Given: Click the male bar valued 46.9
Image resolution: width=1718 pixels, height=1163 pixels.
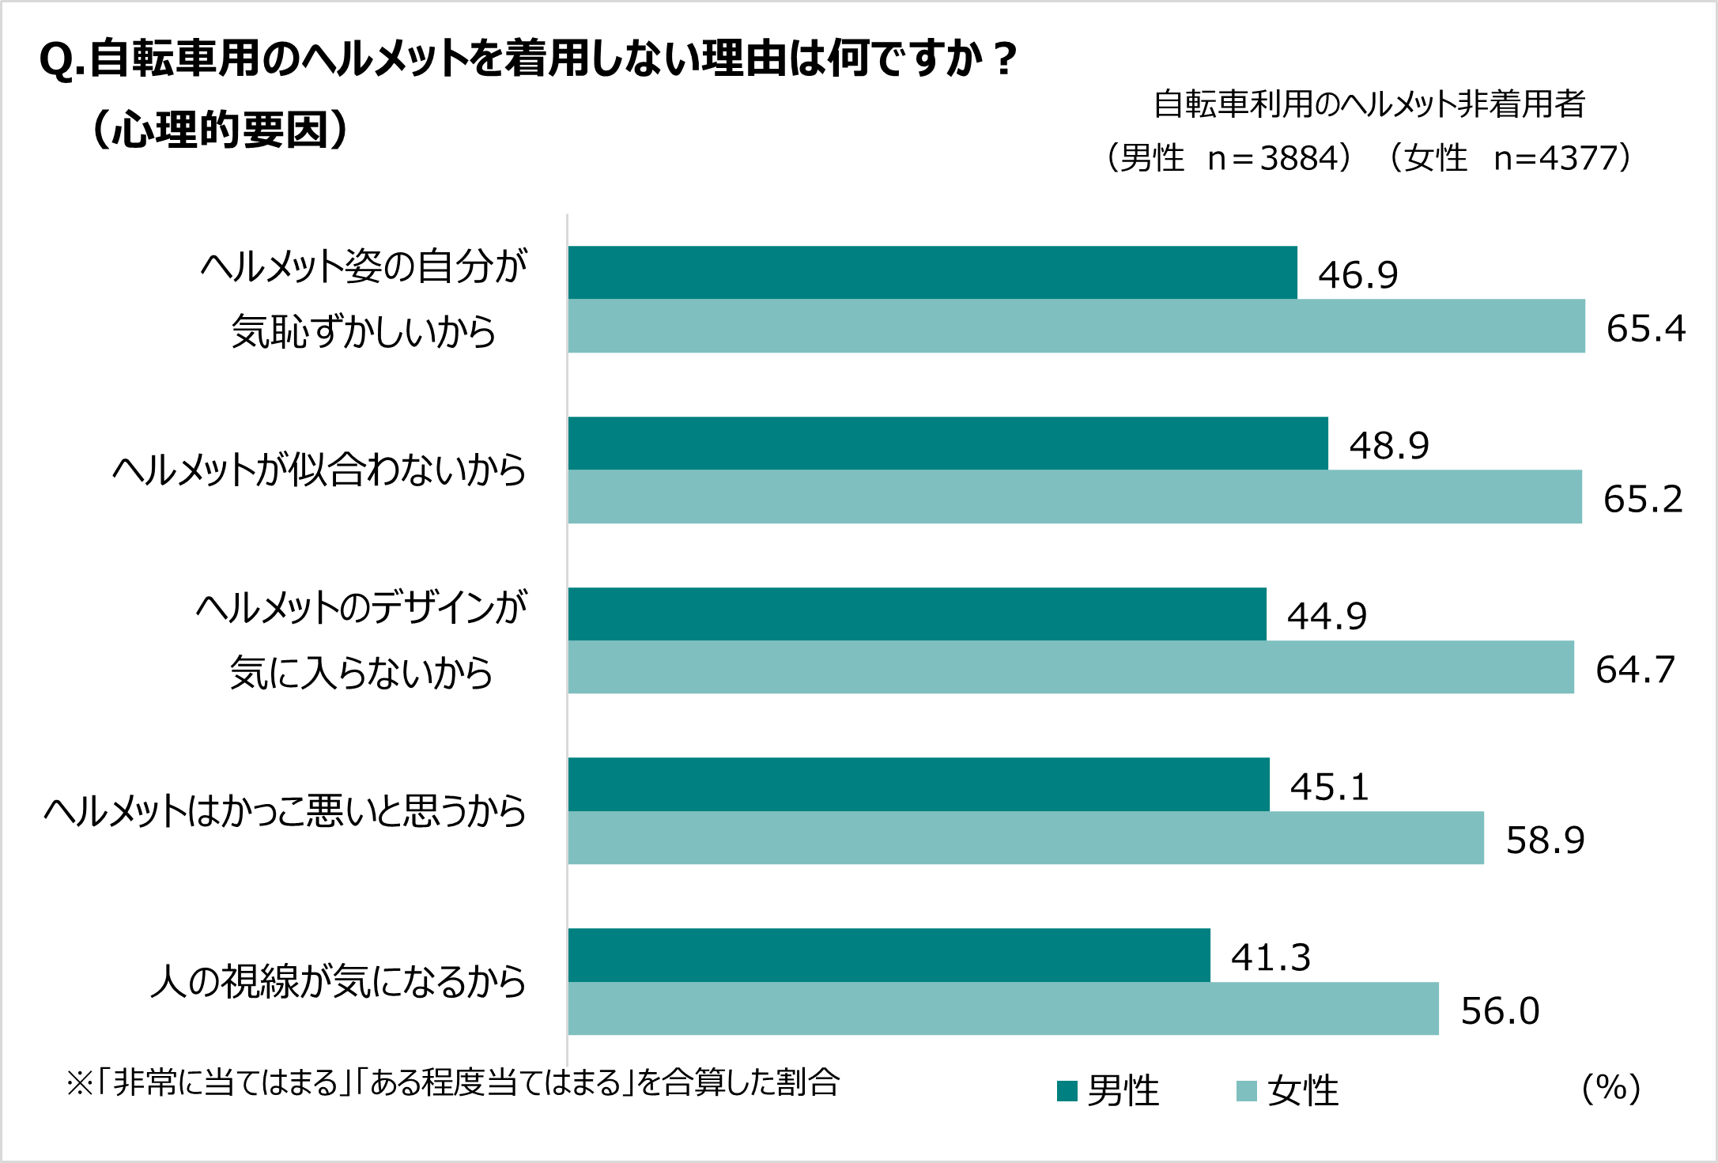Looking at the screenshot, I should (932, 273).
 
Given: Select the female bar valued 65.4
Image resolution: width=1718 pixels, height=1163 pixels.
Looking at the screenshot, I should (1076, 326).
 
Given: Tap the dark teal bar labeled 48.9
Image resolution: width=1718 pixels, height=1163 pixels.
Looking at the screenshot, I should (948, 444).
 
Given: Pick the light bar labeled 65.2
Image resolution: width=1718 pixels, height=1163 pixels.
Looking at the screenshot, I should (1074, 497).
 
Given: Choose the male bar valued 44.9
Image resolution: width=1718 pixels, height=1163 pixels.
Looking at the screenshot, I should (917, 614).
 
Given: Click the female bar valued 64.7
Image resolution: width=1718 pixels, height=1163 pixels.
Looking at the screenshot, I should (1070, 667).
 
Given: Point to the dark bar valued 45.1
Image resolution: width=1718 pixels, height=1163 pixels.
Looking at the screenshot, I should (919, 784).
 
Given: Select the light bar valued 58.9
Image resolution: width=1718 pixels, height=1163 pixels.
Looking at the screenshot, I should (1025, 838).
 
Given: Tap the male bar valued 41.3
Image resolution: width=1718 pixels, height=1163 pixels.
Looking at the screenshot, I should (889, 955).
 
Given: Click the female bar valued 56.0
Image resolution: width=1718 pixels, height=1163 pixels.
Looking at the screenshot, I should (1003, 1009).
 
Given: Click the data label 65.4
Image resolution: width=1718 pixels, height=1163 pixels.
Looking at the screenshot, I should (1645, 328).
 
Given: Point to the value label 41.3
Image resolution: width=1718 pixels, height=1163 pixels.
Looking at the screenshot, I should (1271, 957).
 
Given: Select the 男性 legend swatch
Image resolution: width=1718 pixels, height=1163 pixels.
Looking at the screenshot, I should (1067, 1091).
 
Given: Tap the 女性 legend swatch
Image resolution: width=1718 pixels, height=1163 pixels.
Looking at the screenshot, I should (1246, 1091).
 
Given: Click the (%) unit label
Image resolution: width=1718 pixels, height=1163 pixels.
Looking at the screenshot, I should (1610, 1088).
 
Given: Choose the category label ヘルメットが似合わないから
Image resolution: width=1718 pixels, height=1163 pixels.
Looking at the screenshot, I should (319, 470).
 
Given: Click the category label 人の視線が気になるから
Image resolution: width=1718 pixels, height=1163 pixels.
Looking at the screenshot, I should (338, 982).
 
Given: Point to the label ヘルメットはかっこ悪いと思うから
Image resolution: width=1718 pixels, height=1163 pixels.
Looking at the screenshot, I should (285, 812).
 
